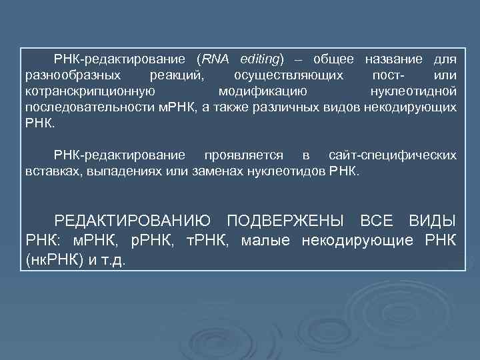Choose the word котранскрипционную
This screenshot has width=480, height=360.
[x=91, y=91]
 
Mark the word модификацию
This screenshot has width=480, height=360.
[x=263, y=91]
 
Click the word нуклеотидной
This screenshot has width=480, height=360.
[x=413, y=91]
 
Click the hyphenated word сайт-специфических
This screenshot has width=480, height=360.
[x=393, y=155]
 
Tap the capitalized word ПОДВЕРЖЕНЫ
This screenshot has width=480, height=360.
[x=286, y=221]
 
